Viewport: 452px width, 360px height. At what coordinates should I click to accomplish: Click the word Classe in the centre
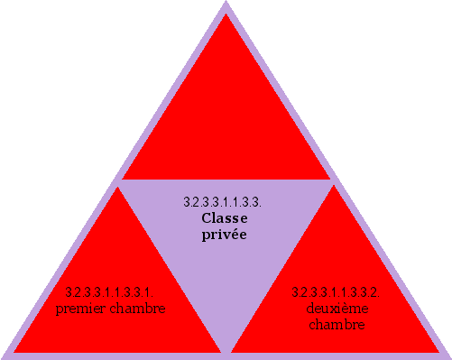(x=225, y=218)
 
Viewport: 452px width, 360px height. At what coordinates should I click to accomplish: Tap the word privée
(x=225, y=234)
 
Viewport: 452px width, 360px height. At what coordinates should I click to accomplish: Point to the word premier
(x=79, y=309)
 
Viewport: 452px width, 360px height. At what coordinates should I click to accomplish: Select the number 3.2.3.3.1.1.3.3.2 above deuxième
(x=335, y=292)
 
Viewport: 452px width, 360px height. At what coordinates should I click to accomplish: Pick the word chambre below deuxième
(x=336, y=324)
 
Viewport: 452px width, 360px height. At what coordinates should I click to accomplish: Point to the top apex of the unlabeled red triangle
(x=226, y=14)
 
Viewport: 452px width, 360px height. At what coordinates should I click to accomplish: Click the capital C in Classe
(x=207, y=218)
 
